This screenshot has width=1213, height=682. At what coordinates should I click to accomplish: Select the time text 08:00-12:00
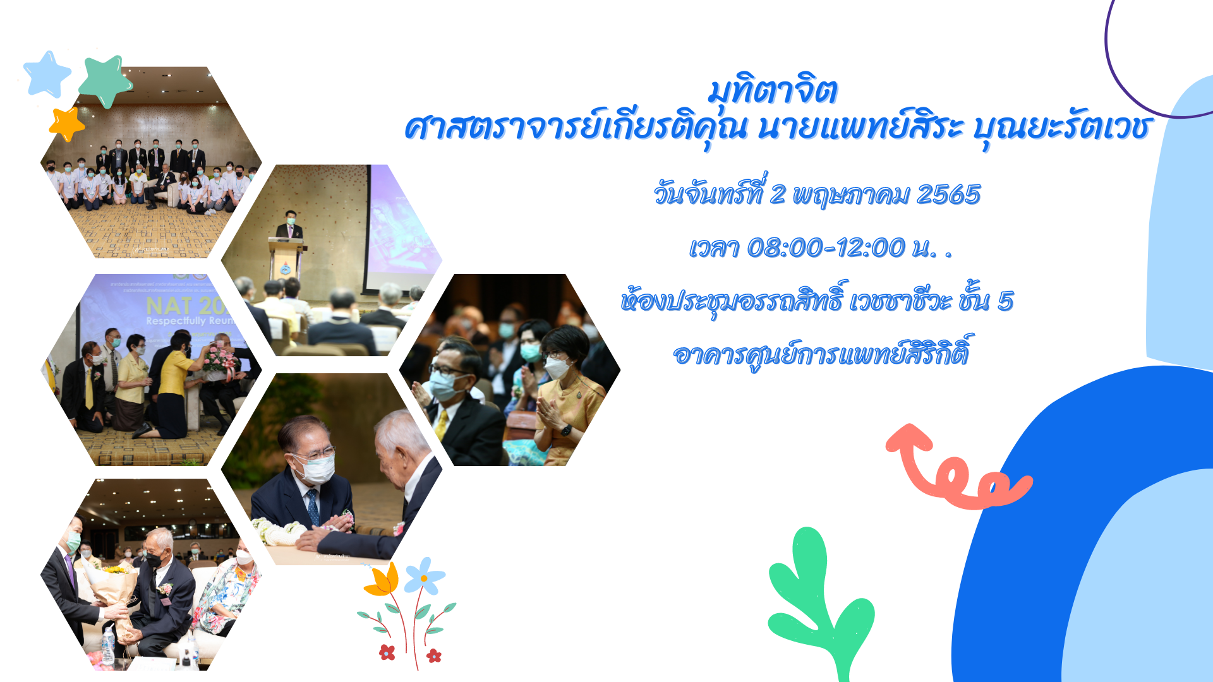tap(826, 248)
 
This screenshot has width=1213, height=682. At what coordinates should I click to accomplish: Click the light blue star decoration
tap(47, 75)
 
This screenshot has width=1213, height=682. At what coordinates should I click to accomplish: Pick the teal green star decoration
tap(105, 81)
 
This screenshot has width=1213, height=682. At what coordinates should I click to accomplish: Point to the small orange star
tap(67, 123)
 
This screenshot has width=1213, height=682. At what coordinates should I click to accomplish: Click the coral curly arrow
tap(954, 470)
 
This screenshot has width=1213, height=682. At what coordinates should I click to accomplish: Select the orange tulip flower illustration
tap(383, 580)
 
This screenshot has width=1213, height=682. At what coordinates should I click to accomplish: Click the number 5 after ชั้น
tap(1005, 301)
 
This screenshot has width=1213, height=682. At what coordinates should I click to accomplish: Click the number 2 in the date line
tap(777, 194)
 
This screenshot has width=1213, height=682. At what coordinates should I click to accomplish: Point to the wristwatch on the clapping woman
tap(566, 430)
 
